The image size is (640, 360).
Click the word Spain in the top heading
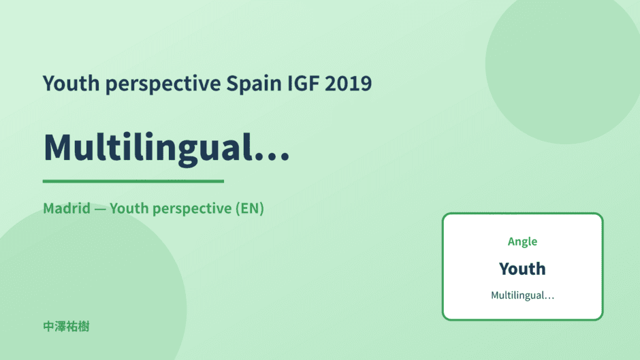[254, 84]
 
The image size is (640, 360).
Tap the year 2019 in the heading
[348, 84]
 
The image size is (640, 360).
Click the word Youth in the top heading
[71, 84]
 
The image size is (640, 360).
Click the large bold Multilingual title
[167, 148]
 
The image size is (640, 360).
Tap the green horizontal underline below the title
[133, 181]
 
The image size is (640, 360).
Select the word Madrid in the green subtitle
[67, 208]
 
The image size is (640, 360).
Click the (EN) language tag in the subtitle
[250, 208]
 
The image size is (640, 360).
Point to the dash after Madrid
[99, 210]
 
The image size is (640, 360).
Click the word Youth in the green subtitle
[129, 208]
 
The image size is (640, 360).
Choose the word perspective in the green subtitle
[192, 209]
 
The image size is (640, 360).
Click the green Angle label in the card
[522, 242]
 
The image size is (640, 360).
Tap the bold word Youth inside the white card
[522, 269]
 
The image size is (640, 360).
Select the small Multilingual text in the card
[522, 295]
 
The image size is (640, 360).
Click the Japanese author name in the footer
[66, 327]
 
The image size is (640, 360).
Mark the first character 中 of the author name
[48, 327]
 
